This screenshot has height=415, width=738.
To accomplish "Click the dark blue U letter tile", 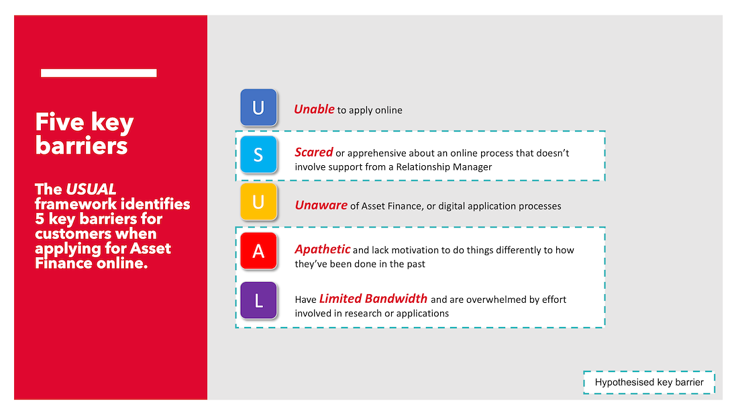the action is pyautogui.click(x=258, y=107).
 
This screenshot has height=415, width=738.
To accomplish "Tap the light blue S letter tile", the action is pyautogui.click(x=258, y=154).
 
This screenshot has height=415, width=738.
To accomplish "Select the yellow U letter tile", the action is pyautogui.click(x=258, y=201).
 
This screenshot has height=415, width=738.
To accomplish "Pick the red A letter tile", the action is pyautogui.click(x=258, y=250).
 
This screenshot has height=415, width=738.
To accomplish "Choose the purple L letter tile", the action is pyautogui.click(x=258, y=300).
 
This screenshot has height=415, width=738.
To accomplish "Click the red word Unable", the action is pyautogui.click(x=314, y=109).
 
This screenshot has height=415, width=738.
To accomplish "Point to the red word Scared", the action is pyautogui.click(x=313, y=152).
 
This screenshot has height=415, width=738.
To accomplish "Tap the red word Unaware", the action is pyautogui.click(x=321, y=205).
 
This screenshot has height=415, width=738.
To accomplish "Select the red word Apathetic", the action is pyautogui.click(x=323, y=249).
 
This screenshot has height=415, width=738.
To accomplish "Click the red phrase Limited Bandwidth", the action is pyautogui.click(x=373, y=299).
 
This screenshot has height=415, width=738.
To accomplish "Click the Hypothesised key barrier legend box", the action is pyautogui.click(x=649, y=382).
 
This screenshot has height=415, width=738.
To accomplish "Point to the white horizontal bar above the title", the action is pyautogui.click(x=99, y=73).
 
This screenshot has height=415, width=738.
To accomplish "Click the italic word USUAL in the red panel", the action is pyautogui.click(x=91, y=189).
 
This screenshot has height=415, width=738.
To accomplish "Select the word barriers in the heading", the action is pyautogui.click(x=81, y=146).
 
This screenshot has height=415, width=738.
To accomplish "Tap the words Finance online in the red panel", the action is pyautogui.click(x=91, y=263).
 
